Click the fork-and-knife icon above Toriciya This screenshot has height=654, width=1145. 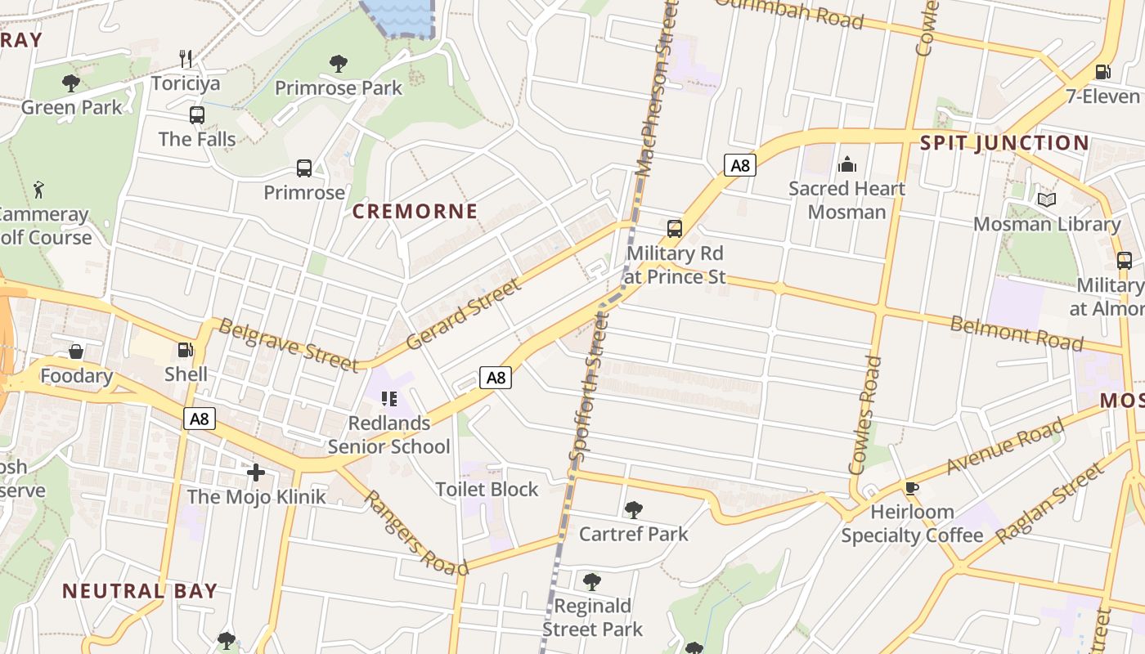[x=186, y=58]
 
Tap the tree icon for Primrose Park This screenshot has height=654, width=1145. [x=338, y=63]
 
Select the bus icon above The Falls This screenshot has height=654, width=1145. [x=197, y=114]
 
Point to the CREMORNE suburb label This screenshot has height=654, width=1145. [x=415, y=211]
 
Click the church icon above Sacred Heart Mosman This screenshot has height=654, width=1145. [x=846, y=164]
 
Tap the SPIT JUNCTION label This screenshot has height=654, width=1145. [x=1004, y=143]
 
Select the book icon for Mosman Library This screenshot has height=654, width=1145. [x=1046, y=199]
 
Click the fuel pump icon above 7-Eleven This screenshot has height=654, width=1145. [x=1102, y=71]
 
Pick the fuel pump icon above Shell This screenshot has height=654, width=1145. [x=186, y=350]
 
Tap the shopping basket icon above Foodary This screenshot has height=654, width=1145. [x=76, y=352]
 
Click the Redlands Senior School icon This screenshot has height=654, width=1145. [x=389, y=399]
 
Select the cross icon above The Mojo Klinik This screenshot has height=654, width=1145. [x=256, y=473]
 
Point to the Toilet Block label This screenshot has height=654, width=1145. [x=487, y=489]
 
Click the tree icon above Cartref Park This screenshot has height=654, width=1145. [x=633, y=510]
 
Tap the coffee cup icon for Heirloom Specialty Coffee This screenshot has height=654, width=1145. [x=912, y=488]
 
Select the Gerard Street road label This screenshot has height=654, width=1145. [x=463, y=314]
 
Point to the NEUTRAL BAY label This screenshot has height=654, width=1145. [x=140, y=590]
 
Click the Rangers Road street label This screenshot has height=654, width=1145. [x=415, y=533]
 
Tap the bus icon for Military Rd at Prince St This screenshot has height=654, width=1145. [x=675, y=229]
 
